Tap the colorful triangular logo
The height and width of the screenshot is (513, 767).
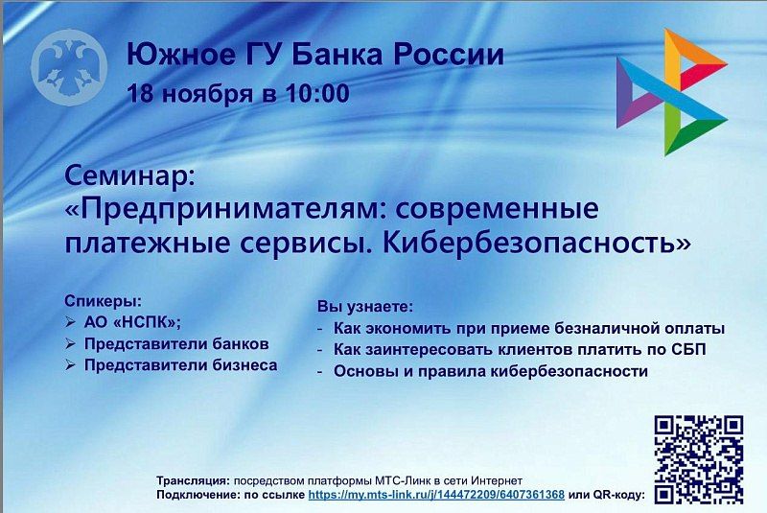click(x=670, y=92)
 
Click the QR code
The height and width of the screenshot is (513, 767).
click(x=698, y=459)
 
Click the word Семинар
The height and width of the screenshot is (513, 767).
click(x=128, y=175)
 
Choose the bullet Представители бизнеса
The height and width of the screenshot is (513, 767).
click(x=180, y=365)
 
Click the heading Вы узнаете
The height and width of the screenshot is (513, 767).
click(x=364, y=307)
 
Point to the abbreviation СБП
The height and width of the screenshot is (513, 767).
click(x=686, y=349)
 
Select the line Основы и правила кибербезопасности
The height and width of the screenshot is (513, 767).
click(x=491, y=371)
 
